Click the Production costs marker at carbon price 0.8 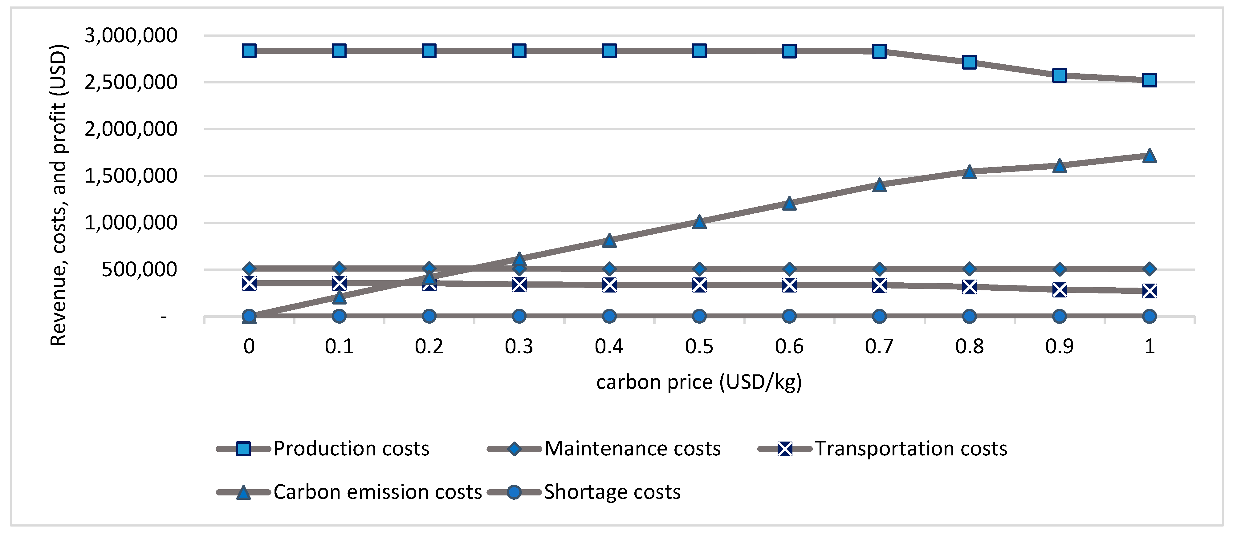(x=969, y=62)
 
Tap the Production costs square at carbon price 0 (x=249, y=51)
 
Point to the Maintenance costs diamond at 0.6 (x=789, y=269)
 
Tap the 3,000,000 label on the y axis (x=131, y=35)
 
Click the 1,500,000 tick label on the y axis (x=131, y=176)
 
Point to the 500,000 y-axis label (x=139, y=270)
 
